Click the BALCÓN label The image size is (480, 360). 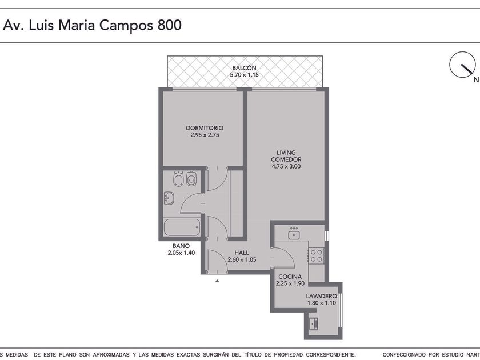[244, 67]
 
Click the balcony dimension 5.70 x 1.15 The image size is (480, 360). [245, 75]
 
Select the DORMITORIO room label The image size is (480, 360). [205, 128]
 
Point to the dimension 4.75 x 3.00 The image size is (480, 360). [286, 166]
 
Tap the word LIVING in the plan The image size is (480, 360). [286, 153]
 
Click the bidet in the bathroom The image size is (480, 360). [178, 179]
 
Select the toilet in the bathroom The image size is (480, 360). [191, 179]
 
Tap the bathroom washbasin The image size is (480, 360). [169, 198]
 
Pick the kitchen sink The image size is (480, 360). [294, 234]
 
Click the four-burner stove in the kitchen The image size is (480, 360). [316, 256]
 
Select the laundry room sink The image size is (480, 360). [314, 323]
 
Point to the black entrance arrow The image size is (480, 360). [217, 281]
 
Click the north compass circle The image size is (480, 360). [462, 65]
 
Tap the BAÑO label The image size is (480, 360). [181, 246]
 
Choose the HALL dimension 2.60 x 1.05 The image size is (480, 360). [242, 259]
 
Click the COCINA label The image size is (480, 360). [290, 277]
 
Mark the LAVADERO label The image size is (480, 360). [321, 296]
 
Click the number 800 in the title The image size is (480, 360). [170, 25]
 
